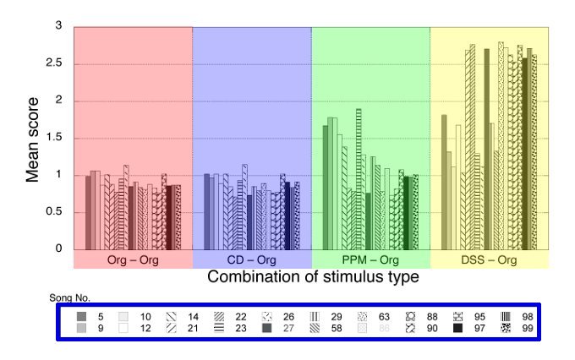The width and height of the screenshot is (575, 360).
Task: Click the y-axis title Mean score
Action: pos(33,139)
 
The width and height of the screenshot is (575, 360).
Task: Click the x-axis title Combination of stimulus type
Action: pos(313,277)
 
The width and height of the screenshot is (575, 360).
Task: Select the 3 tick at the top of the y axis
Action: pos(59,26)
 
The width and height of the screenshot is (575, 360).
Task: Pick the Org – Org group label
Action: pos(133,259)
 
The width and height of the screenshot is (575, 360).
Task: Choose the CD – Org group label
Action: pos(252,259)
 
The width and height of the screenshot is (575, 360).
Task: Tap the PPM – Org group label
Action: pos(370,259)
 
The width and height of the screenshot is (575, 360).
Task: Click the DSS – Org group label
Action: pos(490,259)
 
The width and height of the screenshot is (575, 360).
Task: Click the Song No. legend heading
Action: pos(71,297)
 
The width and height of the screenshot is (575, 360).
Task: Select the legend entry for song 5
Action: pos(91,316)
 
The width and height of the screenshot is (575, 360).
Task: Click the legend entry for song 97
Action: pos(470,328)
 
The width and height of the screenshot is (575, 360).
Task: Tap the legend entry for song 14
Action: pos(185,316)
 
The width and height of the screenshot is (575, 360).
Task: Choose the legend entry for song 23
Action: pos(233,328)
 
